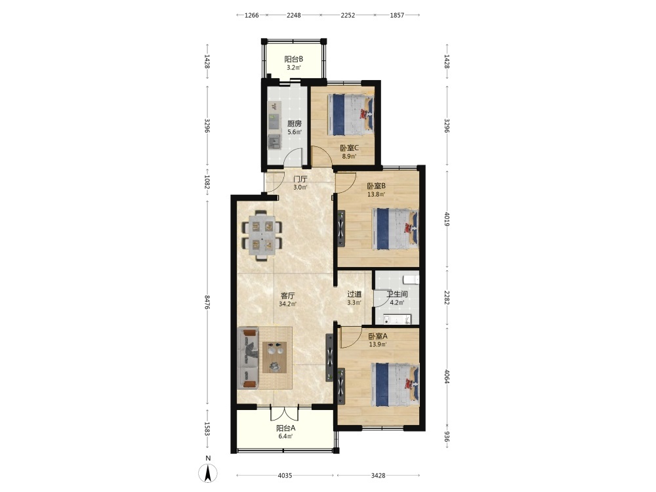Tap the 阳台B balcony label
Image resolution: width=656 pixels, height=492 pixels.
click(294, 60)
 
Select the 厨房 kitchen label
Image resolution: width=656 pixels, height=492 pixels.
click(294, 124)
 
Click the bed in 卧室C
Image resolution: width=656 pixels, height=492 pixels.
click(350, 114)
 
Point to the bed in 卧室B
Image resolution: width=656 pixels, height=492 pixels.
click(395, 229)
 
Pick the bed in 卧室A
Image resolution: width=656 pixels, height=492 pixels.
click(395, 384)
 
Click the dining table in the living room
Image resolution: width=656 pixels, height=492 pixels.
click(262, 235)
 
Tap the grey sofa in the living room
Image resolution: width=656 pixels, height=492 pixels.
click(248, 358)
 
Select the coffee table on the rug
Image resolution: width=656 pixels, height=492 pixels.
click(274, 358)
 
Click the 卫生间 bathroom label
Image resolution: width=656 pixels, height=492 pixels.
click(397, 294)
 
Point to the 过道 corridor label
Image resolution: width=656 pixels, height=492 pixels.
click(354, 295)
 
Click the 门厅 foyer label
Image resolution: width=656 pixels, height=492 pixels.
click(300, 179)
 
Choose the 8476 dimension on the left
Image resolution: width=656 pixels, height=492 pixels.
click(207, 302)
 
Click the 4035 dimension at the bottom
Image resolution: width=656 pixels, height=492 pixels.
click(285, 476)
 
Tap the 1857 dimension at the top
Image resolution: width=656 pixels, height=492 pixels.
click(397, 15)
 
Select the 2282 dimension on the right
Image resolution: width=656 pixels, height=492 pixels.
click(447, 297)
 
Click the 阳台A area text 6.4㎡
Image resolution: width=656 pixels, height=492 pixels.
click(286, 436)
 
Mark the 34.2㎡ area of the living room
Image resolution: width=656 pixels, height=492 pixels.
click(287, 304)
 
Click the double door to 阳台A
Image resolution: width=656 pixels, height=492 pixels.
click(285, 413)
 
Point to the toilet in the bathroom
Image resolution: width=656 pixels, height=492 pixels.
click(411, 279)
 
